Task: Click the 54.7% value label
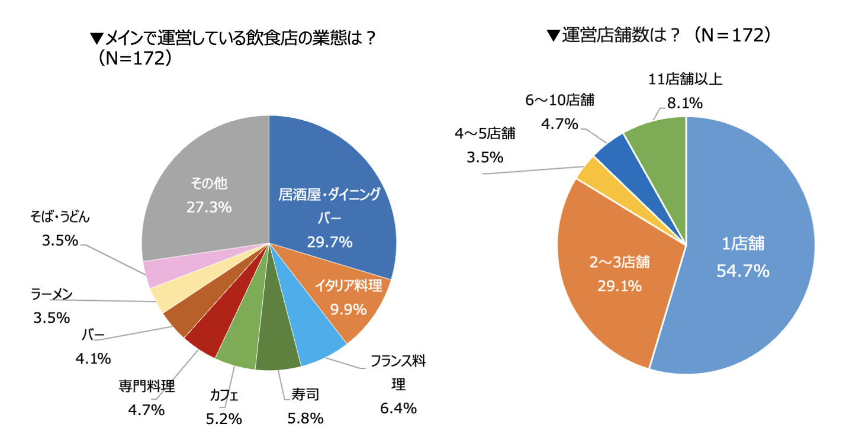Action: tap(742, 271)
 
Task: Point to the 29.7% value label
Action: tap(329, 242)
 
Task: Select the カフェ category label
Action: tap(224, 396)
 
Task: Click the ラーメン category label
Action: tap(51, 294)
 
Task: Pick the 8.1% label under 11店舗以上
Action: tap(684, 104)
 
